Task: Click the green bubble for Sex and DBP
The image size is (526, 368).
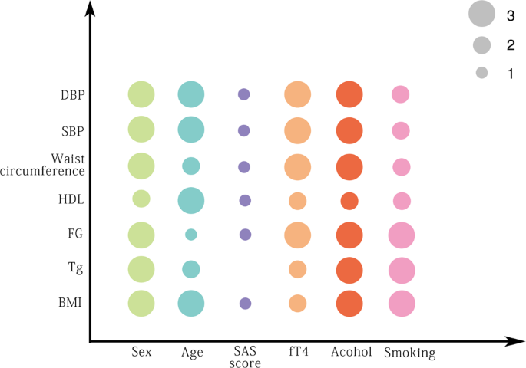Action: (141, 95)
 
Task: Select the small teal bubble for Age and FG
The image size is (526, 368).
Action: (190, 234)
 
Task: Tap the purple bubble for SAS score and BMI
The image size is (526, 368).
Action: (245, 304)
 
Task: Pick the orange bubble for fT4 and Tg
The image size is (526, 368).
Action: (297, 269)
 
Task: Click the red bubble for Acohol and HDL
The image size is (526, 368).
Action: (349, 201)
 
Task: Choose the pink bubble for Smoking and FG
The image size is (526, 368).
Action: (402, 235)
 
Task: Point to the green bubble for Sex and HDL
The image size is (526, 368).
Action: (141, 199)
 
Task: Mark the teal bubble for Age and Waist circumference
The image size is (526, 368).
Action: (190, 166)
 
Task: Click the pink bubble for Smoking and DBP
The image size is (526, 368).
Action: (400, 94)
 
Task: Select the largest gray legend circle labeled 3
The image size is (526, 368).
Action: (481, 14)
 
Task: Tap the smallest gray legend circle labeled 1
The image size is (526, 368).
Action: (481, 74)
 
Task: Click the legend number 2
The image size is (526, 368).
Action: (511, 45)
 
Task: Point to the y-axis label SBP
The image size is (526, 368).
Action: (72, 130)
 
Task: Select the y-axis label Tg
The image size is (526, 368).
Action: (75, 268)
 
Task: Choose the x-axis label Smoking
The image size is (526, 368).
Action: (409, 353)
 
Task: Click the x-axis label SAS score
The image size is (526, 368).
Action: (246, 357)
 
